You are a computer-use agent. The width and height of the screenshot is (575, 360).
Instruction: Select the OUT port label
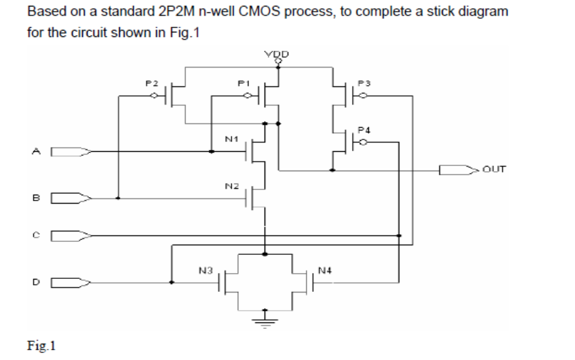[493, 170]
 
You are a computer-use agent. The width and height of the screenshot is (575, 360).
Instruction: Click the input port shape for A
[70, 153]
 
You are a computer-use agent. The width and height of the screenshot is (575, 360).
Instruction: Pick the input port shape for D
[70, 283]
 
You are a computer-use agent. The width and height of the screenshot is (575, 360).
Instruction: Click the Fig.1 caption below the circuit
[41, 346]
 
